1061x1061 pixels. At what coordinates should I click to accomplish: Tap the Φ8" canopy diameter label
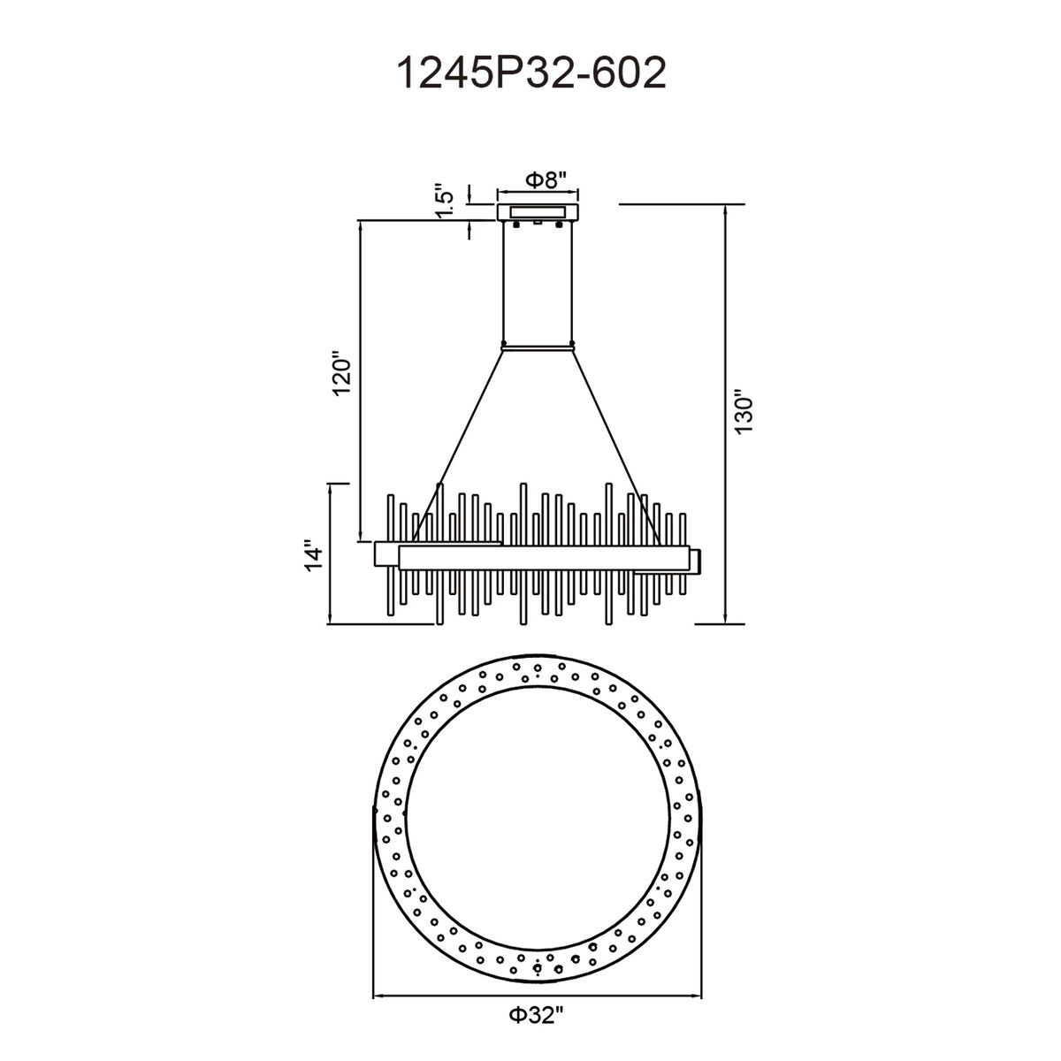click(546, 179)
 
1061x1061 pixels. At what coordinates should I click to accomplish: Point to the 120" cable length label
click(341, 373)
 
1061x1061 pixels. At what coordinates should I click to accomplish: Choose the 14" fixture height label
click(315, 558)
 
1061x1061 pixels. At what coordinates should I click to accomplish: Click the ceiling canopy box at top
click(538, 212)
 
